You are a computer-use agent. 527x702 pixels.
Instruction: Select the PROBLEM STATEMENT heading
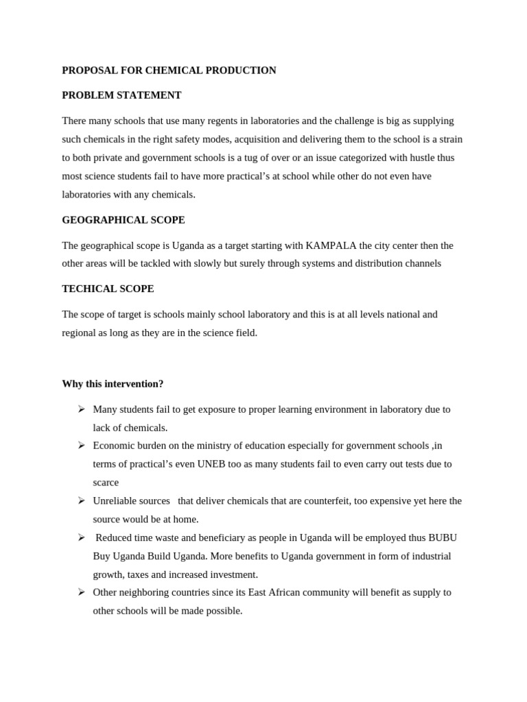point(121,95)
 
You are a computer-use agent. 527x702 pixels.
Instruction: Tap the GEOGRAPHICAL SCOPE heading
point(123,220)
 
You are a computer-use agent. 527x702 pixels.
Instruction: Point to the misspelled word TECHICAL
point(87,289)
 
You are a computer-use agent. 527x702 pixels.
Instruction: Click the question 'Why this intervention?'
point(113,383)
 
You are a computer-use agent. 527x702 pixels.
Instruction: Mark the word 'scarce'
point(106,483)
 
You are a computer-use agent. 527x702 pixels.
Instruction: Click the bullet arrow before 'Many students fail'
point(81,409)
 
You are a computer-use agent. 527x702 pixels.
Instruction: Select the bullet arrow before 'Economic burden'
point(81,446)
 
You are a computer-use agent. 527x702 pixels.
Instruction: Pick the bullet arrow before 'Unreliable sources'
point(81,501)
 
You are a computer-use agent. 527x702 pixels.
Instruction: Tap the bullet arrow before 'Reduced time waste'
point(81,537)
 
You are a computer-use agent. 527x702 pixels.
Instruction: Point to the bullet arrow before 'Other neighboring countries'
point(81,592)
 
